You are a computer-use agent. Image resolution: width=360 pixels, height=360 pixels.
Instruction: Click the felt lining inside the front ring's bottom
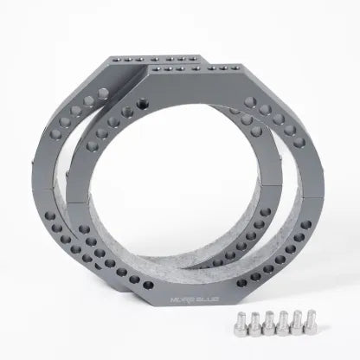click(199, 277)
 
